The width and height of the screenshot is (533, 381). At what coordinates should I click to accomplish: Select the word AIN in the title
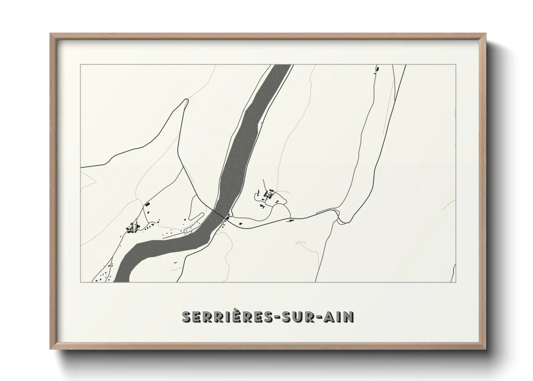(340, 317)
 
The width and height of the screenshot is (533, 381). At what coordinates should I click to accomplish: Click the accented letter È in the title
(233, 316)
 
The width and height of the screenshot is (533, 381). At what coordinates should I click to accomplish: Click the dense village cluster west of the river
(133, 228)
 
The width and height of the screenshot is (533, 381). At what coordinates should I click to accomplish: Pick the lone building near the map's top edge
(378, 68)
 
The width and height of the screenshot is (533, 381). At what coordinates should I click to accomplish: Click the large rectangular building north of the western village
(147, 204)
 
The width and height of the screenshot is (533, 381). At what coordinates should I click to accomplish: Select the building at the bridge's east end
(228, 216)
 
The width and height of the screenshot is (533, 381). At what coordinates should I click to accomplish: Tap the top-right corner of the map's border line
(456, 64)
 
